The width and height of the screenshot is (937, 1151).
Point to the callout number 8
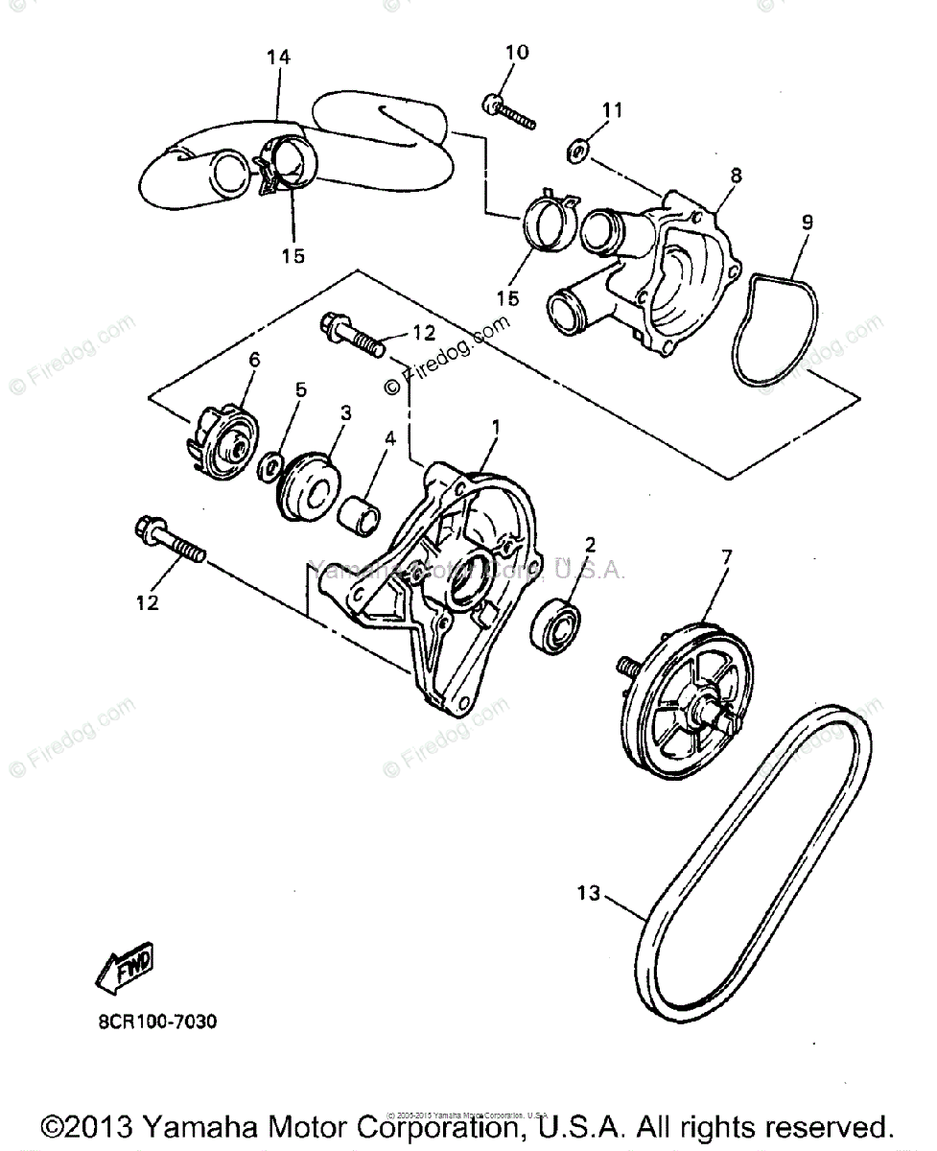[737, 176]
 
